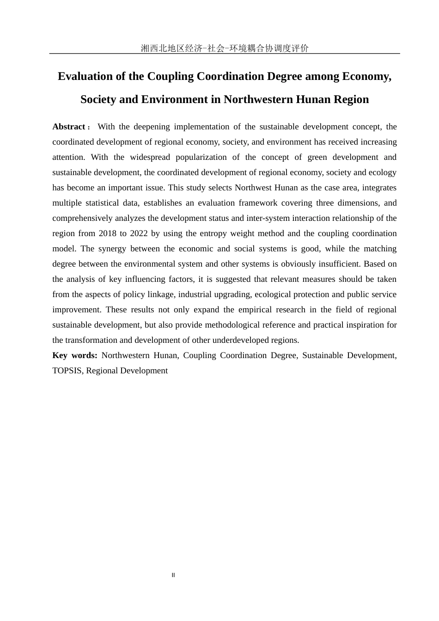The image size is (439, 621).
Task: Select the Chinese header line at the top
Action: pyautogui.click(x=225, y=48)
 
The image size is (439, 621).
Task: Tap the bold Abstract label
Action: pyautogui.click(x=69, y=127)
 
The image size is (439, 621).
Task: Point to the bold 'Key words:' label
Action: pyautogui.click(x=75, y=355)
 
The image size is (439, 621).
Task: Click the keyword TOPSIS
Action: pyautogui.click(x=67, y=371)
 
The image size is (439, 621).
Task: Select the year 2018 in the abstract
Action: pyautogui.click(x=108, y=233)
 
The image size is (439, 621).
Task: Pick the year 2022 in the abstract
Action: pyautogui.click(x=139, y=233)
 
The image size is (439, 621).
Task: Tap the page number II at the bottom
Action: pyautogui.click(x=173, y=575)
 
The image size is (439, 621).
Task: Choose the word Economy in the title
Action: pyautogui.click(x=366, y=76)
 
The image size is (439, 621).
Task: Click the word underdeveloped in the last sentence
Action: pyautogui.click(x=240, y=340)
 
